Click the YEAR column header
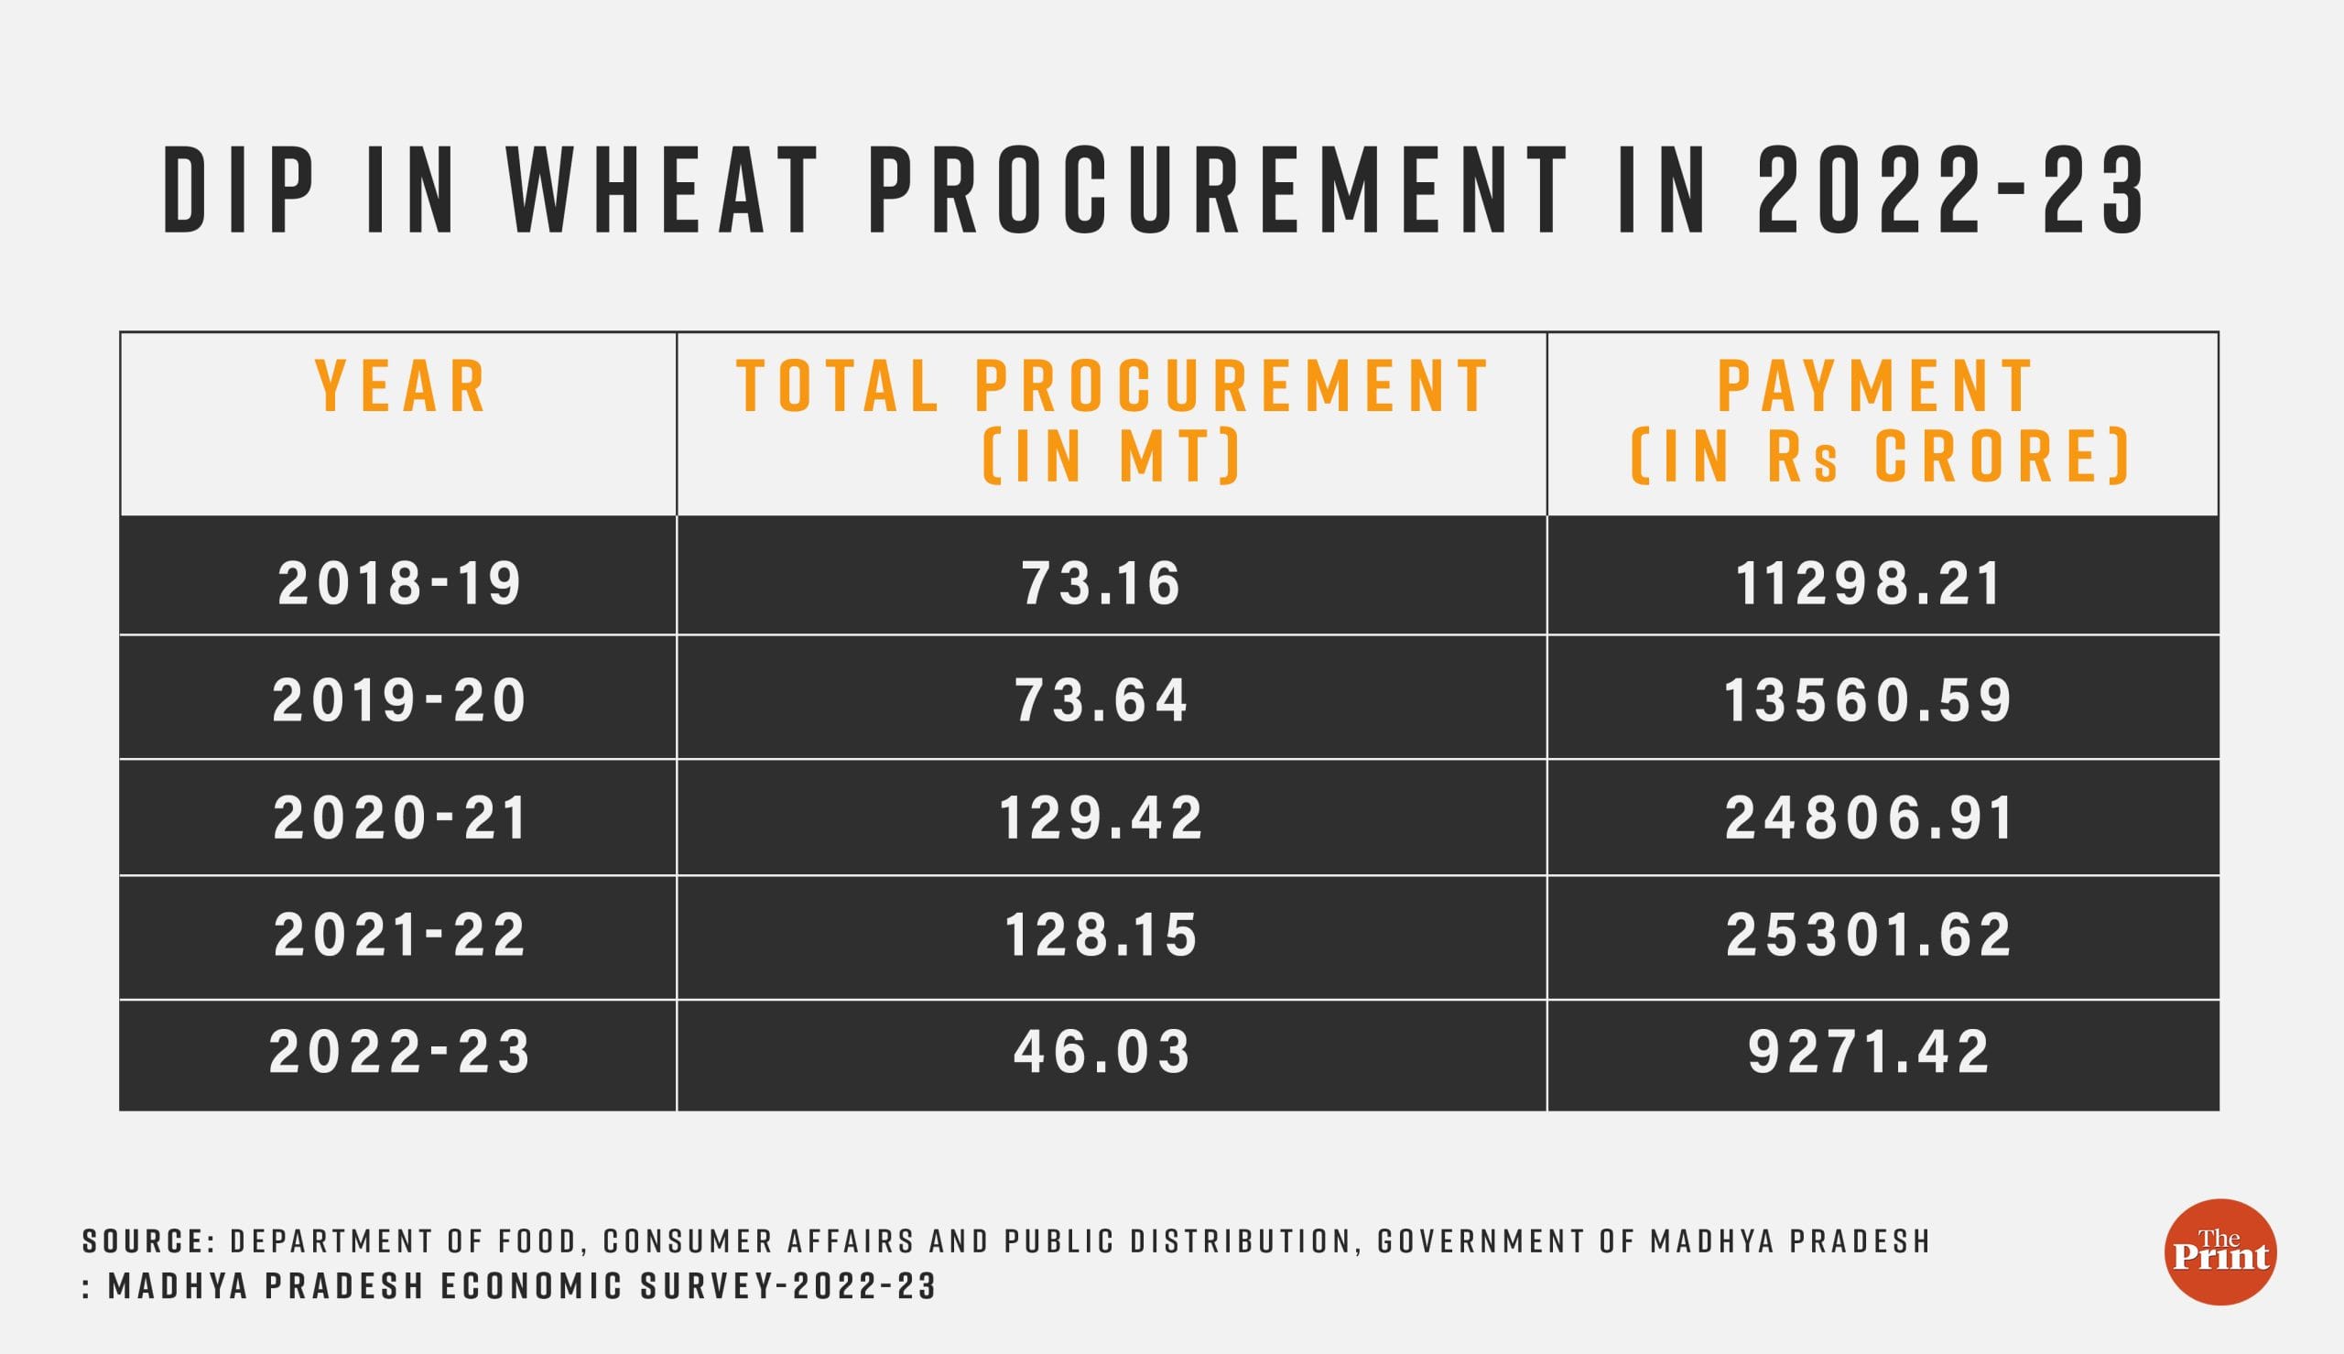click(401, 386)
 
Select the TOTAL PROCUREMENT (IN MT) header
click(1112, 420)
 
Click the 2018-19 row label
click(400, 583)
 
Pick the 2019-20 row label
click(400, 699)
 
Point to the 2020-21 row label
click(401, 818)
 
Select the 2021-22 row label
click(400, 935)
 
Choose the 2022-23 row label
click(400, 1052)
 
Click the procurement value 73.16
click(1101, 583)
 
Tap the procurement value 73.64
click(1101, 699)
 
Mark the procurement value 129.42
click(1101, 818)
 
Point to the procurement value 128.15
click(1101, 935)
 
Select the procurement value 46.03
click(1101, 1052)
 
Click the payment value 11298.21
click(1869, 583)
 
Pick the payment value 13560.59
click(1869, 699)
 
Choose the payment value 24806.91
click(1869, 818)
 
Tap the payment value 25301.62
click(1869, 935)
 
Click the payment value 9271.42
click(1869, 1052)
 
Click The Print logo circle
click(2220, 1251)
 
